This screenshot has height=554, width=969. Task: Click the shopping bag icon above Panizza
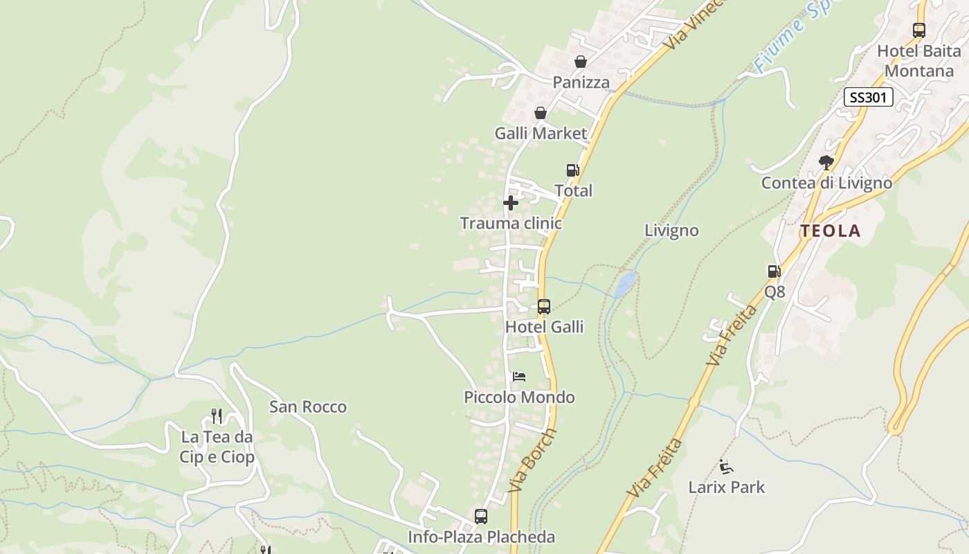point(581,62)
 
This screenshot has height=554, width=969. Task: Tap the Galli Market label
point(541,133)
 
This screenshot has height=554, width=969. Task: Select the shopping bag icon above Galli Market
point(541,113)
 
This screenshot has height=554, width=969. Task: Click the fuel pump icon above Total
point(572,170)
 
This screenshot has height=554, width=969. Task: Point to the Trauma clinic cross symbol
point(511,203)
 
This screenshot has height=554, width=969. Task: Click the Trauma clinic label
point(511,224)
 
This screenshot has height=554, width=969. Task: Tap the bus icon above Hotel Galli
point(544,306)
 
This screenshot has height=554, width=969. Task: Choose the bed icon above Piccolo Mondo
point(519,377)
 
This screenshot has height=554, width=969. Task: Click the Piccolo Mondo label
point(519,397)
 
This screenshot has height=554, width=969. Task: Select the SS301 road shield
point(869,97)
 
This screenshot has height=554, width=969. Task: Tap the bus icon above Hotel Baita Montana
point(919,30)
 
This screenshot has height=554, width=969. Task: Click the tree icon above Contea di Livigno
point(826,163)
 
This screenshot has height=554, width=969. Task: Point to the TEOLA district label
point(831,231)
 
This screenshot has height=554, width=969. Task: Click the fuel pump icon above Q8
point(775,271)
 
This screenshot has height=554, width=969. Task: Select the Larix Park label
point(727,488)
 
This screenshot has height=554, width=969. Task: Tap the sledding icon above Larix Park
point(726,467)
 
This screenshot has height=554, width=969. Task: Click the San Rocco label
point(308,407)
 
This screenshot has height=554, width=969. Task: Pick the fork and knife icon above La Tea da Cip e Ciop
point(217,416)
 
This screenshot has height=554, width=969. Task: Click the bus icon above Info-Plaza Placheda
point(481,517)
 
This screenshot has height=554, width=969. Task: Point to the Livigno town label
point(671,231)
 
